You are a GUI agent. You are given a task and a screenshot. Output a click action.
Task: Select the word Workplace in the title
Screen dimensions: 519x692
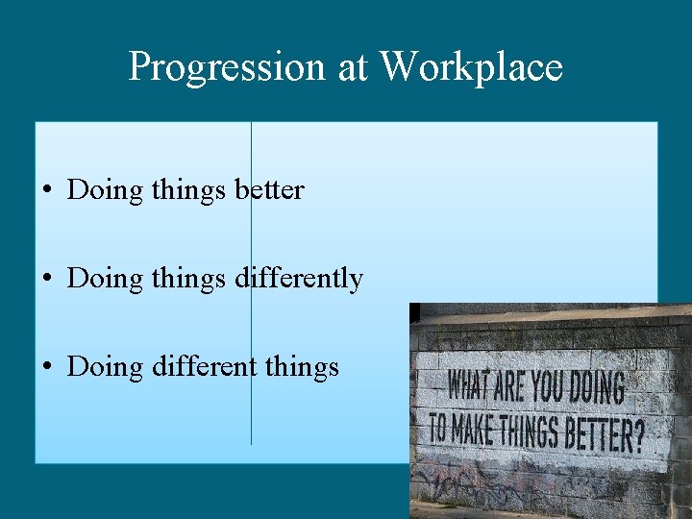[471, 67]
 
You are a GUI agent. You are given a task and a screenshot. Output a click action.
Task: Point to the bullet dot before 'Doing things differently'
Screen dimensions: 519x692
[47, 280]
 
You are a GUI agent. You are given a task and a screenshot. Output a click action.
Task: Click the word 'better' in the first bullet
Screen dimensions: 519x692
[269, 190]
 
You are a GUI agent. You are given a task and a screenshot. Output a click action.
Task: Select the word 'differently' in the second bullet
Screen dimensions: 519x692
[298, 279]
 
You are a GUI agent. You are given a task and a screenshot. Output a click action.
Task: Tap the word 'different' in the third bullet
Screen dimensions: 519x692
[205, 367]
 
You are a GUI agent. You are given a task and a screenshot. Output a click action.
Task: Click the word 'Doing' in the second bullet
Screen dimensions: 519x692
[104, 280]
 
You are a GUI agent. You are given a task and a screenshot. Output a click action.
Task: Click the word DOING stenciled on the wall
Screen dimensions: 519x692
[597, 388]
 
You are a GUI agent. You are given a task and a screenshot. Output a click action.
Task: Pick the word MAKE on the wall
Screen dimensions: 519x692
[477, 429]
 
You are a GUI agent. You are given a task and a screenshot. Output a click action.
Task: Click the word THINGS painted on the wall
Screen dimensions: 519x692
[532, 432]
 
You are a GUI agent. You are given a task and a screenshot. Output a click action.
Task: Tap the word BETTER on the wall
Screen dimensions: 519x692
[596, 435]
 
